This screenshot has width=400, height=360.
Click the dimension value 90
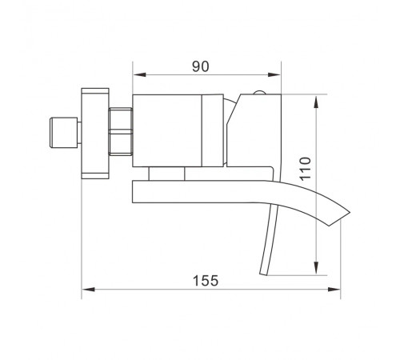[201, 66]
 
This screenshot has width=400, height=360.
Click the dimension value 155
[206, 281]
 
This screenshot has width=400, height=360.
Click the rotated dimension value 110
[306, 169]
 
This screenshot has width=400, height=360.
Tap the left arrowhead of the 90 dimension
[139, 74]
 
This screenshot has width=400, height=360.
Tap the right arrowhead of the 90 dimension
[274, 74]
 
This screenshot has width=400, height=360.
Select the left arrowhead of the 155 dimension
[88, 290]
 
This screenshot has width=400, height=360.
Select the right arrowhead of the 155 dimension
[334, 290]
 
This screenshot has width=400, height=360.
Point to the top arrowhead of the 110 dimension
[316, 102]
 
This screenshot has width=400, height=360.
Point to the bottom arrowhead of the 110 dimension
[316, 268]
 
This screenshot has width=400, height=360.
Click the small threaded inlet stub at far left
[64, 133]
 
